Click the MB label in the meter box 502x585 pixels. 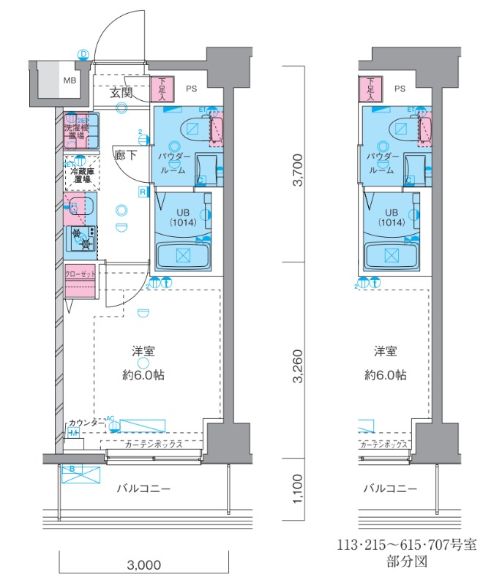pyautogui.click(x=68, y=81)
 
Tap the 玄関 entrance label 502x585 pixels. pyautogui.click(x=121, y=93)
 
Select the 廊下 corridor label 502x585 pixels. pyautogui.click(x=124, y=154)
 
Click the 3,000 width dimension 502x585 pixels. pyautogui.click(x=144, y=565)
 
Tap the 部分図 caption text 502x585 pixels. pyautogui.click(x=407, y=562)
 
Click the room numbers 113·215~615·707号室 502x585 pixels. pyautogui.click(x=407, y=546)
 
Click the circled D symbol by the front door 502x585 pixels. pyautogui.click(x=83, y=54)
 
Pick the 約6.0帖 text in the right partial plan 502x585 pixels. pyautogui.click(x=386, y=375)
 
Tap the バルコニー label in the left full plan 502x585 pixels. pyautogui.click(x=143, y=488)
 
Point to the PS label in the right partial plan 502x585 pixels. pyautogui.click(x=400, y=89)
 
